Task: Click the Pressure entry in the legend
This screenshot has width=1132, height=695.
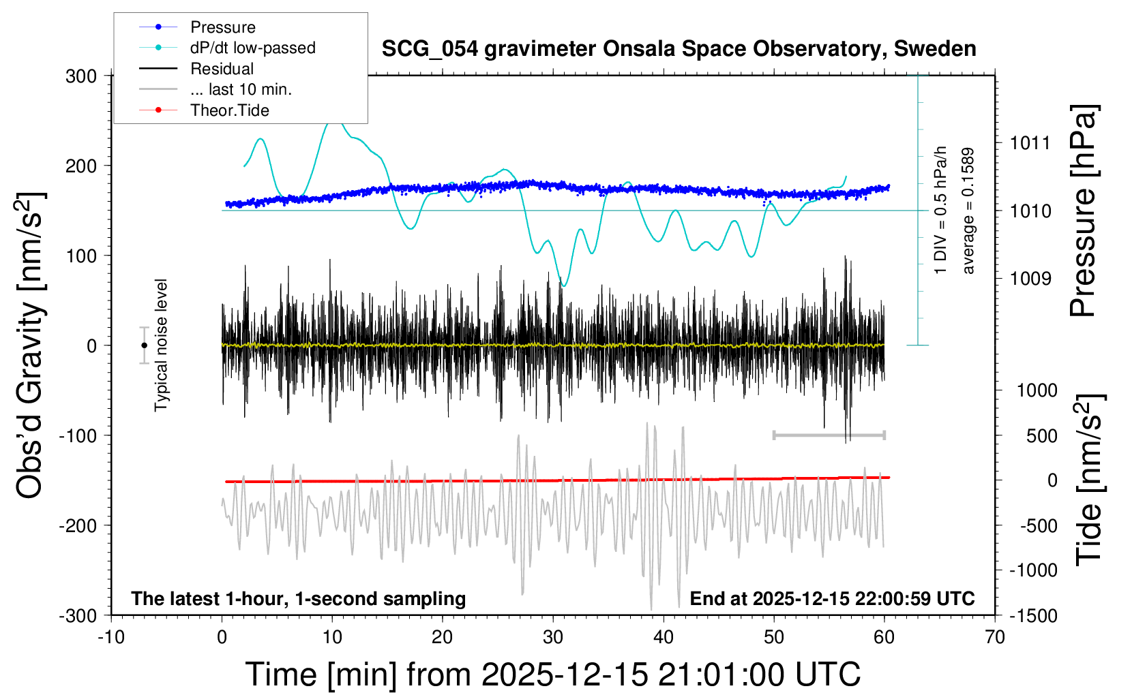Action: point(222,27)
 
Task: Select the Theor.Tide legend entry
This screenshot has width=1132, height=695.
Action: point(229,110)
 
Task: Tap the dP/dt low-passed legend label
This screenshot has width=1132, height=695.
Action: point(252,48)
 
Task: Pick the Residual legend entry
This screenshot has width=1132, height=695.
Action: point(222,69)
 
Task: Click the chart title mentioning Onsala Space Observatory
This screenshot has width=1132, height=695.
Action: point(679,49)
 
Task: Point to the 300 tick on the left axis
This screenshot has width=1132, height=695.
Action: point(81,76)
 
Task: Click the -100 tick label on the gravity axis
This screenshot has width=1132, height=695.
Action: point(78,435)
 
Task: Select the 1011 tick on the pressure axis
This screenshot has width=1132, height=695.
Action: point(1030,143)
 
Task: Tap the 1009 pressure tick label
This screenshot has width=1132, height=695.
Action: point(1030,278)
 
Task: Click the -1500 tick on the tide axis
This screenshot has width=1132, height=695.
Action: point(1032,615)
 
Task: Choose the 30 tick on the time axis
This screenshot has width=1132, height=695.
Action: point(553,637)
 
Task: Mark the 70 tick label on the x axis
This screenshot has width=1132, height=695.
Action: point(995,637)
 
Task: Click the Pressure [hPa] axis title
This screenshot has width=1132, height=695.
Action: point(1084,211)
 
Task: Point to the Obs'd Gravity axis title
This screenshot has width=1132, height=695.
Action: point(31,345)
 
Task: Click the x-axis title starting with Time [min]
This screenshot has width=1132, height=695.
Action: point(552,675)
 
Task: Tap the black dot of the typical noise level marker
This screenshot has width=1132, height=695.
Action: point(144,345)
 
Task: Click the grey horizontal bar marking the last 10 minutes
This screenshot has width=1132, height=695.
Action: point(829,435)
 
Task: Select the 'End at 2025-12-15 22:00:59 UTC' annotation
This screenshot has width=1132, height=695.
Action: point(832,598)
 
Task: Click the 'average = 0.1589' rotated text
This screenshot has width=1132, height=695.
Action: point(968,211)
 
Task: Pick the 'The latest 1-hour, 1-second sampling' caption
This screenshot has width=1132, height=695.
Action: point(298,598)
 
